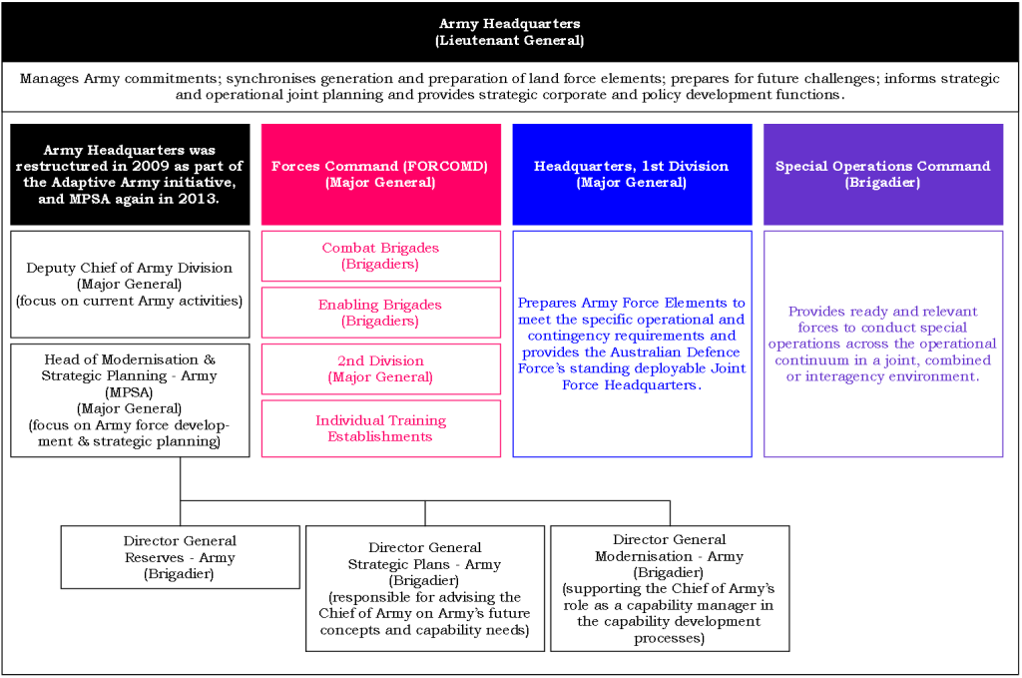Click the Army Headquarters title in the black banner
click(509, 23)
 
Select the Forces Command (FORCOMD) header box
click(380, 175)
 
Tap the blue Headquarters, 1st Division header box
click(632, 175)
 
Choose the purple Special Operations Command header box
click(882, 175)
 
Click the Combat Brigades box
click(380, 256)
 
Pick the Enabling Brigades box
click(380, 313)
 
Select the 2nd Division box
click(380, 368)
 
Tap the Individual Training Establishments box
click(380, 428)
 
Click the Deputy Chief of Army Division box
click(130, 285)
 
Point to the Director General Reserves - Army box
click(180, 557)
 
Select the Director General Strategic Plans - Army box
click(425, 589)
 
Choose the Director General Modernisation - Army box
click(670, 589)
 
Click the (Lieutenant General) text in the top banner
click(509, 41)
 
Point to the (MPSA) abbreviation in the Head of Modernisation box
click(130, 392)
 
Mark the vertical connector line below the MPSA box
click(181, 479)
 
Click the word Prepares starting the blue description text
click(546, 304)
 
